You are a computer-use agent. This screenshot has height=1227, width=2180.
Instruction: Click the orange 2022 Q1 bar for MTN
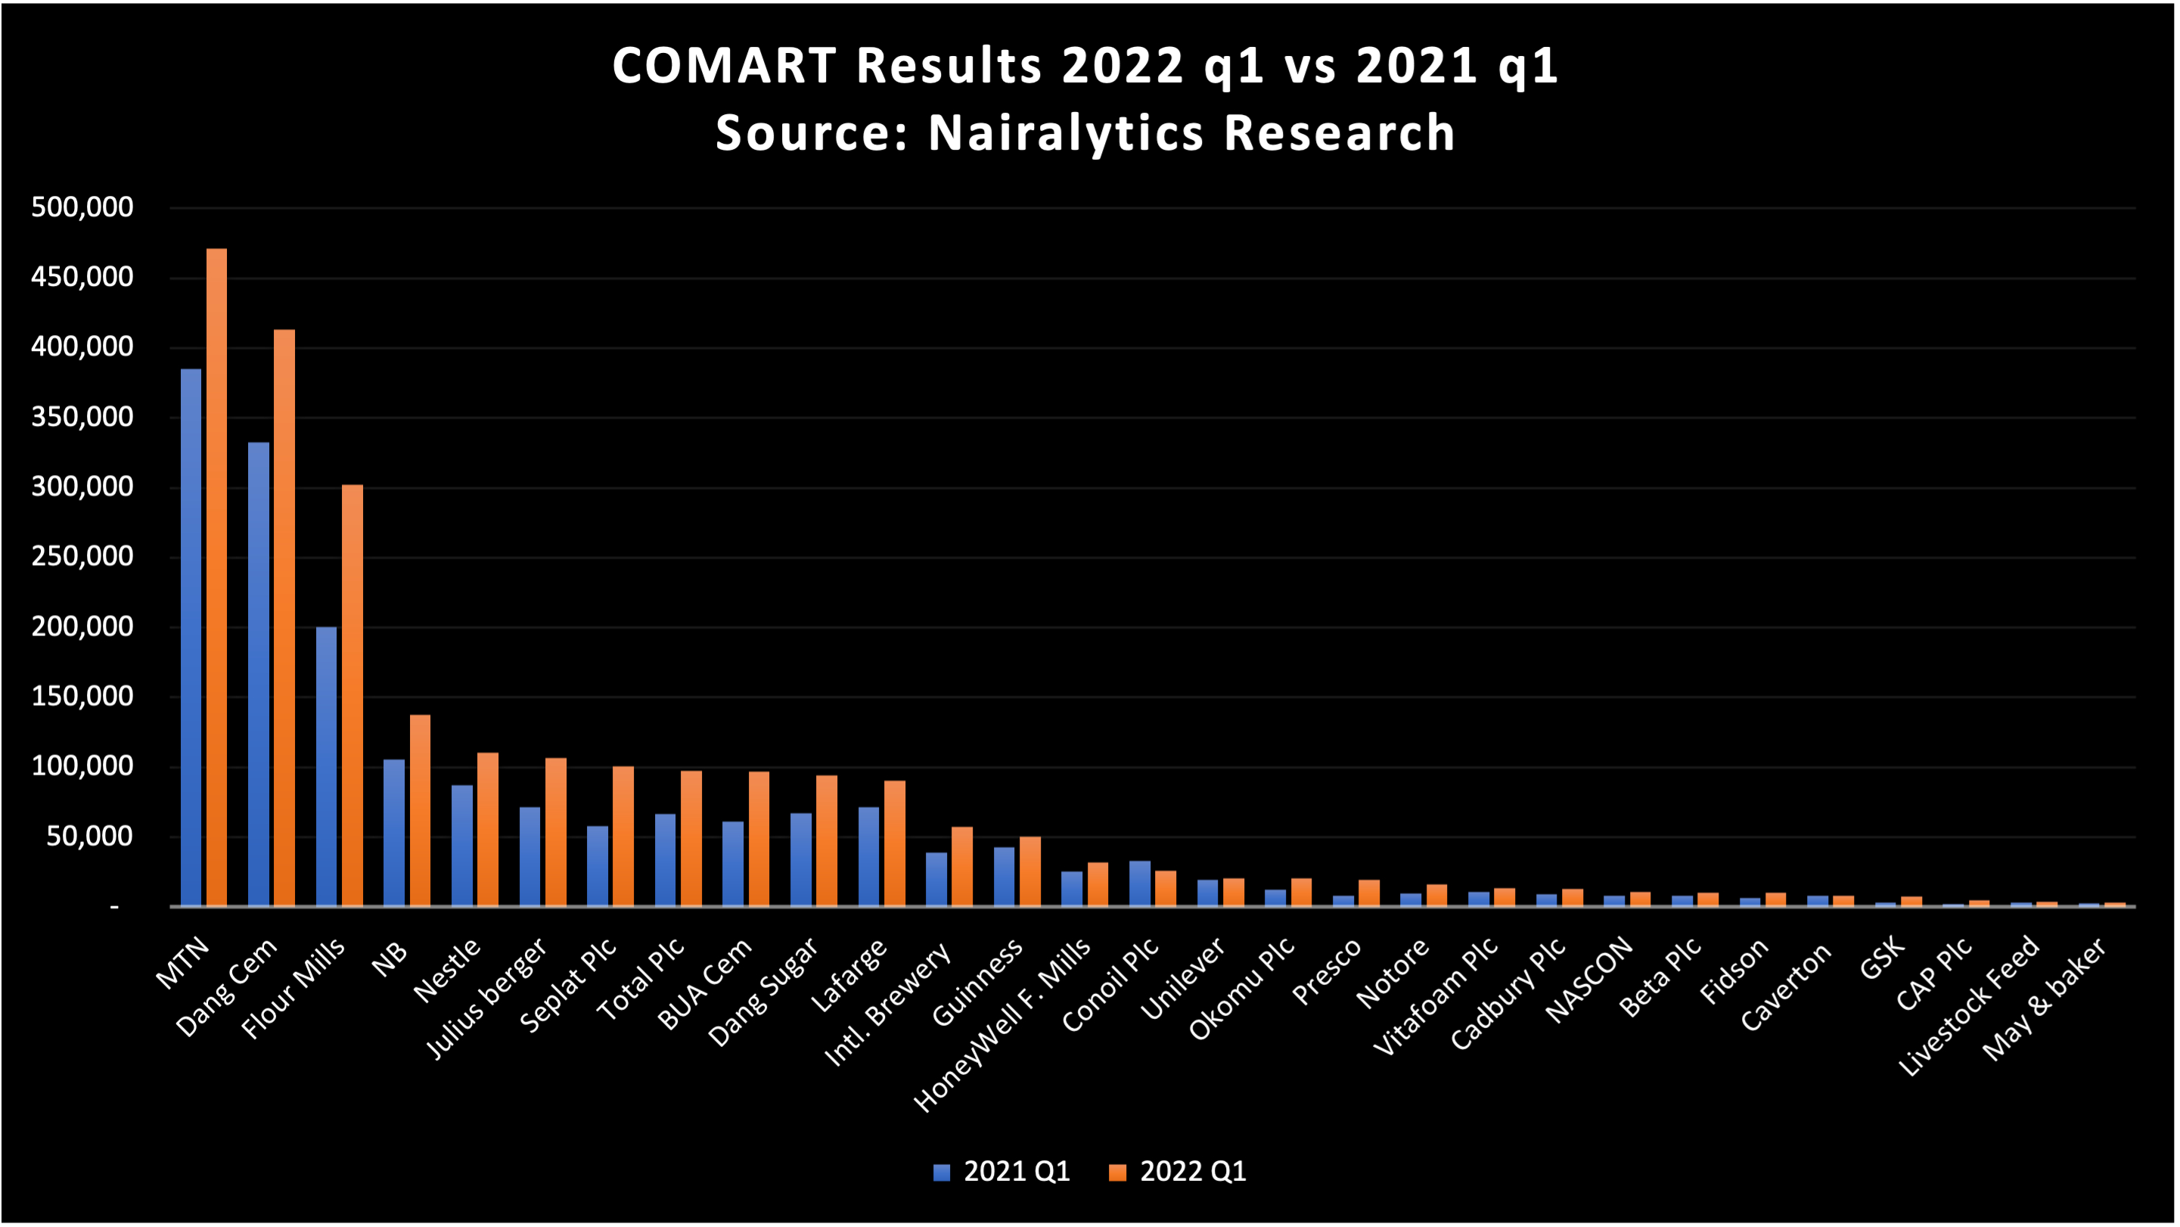coord(216,576)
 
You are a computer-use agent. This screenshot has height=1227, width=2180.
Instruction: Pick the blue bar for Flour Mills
coord(326,766)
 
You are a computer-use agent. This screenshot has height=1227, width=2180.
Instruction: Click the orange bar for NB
coord(420,810)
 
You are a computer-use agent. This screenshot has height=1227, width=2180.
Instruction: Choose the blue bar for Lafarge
coord(868,856)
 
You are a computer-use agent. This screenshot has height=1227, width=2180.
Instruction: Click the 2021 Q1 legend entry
coord(1002,1172)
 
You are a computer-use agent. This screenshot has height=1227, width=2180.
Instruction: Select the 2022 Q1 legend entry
coord(1178,1172)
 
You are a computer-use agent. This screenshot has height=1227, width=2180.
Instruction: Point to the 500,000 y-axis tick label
coord(82,207)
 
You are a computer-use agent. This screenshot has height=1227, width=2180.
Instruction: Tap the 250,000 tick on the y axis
coord(82,557)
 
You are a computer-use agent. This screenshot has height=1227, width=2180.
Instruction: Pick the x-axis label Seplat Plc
coord(569,986)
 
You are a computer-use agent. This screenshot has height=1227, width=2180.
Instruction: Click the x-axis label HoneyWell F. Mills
coord(1004,1026)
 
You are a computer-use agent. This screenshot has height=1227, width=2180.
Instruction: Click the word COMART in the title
coord(725,66)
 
